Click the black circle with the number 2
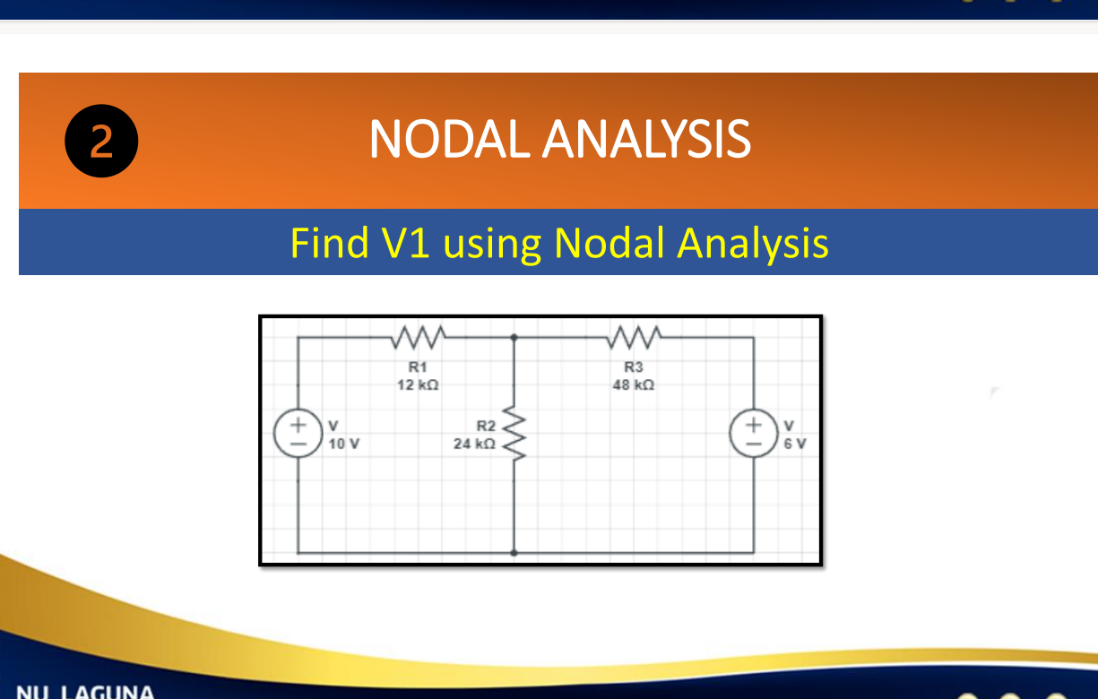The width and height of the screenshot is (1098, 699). click(x=102, y=142)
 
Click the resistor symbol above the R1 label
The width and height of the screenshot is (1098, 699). click(x=418, y=338)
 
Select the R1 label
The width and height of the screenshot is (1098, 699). click(x=418, y=367)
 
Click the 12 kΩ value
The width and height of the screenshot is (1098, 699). click(x=418, y=384)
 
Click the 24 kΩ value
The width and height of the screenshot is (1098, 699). click(x=474, y=443)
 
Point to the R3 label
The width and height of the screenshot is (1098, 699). click(x=634, y=367)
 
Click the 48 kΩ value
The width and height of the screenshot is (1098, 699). click(x=634, y=384)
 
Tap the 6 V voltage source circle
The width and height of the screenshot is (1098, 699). click(x=754, y=433)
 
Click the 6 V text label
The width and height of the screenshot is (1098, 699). click(x=793, y=443)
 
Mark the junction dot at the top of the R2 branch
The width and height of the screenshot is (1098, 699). click(x=514, y=338)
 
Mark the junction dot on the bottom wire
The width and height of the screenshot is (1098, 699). click(x=514, y=553)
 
